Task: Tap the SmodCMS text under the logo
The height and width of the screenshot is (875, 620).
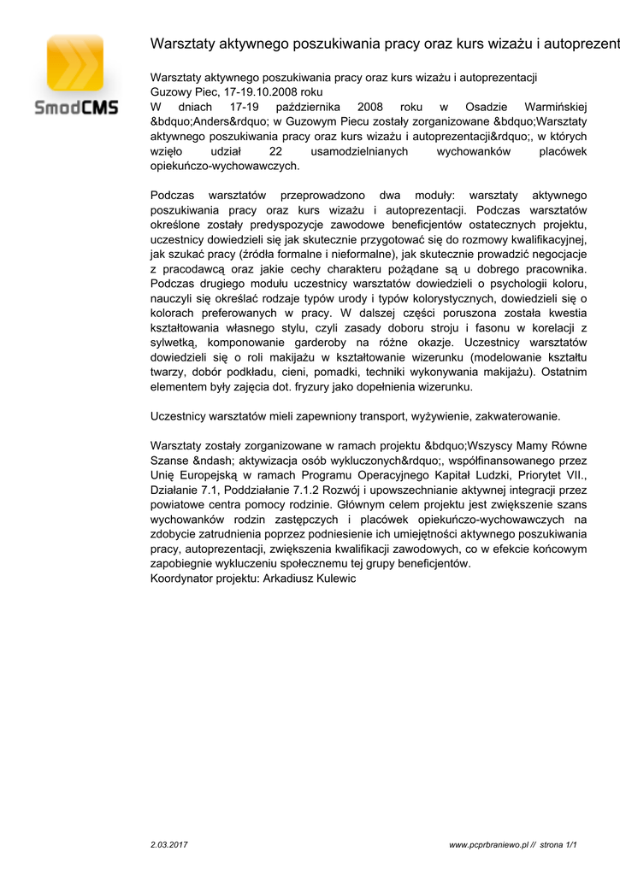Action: point(75,109)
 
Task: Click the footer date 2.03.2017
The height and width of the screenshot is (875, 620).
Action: point(168,844)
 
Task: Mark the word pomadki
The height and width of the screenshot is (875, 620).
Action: point(337,372)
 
